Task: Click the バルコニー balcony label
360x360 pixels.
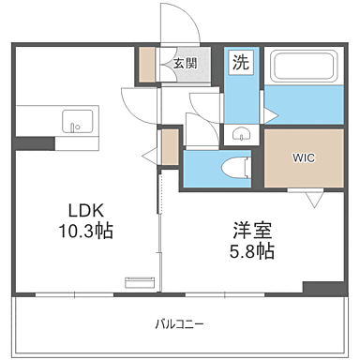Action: [179, 324]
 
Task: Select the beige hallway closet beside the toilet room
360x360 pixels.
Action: [169, 147]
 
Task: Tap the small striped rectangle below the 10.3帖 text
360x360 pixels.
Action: [138, 279]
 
